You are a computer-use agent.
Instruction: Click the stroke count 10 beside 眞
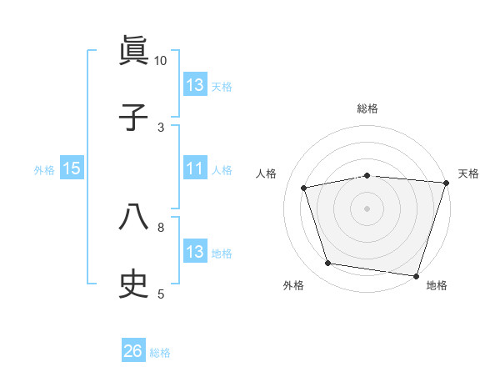tap(160, 61)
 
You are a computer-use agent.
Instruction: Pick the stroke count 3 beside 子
tap(161, 127)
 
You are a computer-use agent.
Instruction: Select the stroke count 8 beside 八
tap(161, 226)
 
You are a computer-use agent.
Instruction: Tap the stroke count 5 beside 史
tap(161, 293)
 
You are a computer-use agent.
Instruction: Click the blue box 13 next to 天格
tap(195, 85)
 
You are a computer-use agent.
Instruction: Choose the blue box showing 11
tap(195, 168)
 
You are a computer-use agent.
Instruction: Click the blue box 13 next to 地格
tap(195, 252)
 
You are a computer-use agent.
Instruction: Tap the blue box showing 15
tap(72, 168)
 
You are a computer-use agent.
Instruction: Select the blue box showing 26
tap(133, 352)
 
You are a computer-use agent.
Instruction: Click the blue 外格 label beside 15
tap(44, 169)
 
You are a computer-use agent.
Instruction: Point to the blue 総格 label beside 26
tap(160, 353)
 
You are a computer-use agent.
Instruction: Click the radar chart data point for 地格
tap(416, 275)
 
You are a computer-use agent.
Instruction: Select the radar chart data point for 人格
tap(304, 188)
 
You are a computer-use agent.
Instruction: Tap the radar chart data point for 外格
tap(328, 264)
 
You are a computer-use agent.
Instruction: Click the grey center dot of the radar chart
tap(367, 209)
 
